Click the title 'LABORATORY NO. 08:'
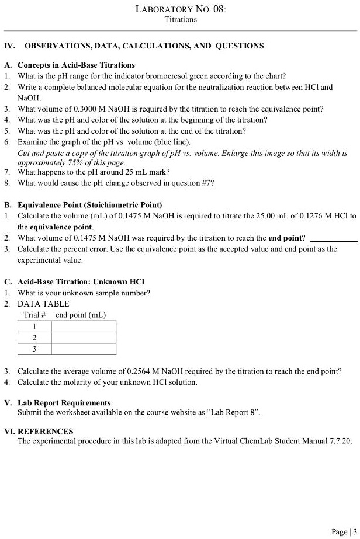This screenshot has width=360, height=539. pyautogui.click(x=180, y=9)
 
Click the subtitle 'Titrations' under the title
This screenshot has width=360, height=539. pyautogui.click(x=180, y=20)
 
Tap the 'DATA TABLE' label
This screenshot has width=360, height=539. pyautogui.click(x=43, y=304)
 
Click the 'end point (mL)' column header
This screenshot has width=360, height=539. pyautogui.click(x=81, y=315)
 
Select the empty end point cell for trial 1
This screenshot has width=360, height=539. pyautogui.click(x=83, y=326)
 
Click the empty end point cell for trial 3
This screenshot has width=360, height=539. pyautogui.click(x=83, y=349)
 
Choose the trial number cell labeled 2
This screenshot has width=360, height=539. pyautogui.click(x=34, y=338)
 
